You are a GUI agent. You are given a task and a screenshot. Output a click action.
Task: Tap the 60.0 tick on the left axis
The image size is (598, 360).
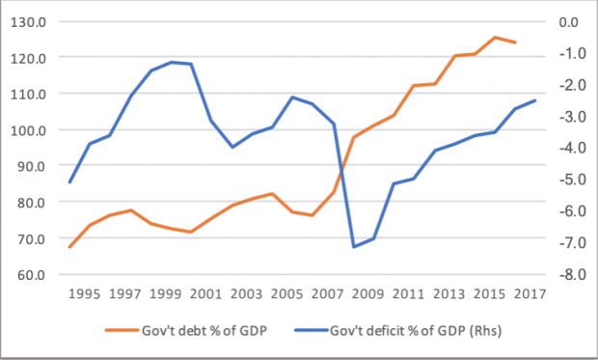tap(31, 274)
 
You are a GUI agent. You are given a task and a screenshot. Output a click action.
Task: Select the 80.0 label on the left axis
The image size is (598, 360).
tap(31, 202)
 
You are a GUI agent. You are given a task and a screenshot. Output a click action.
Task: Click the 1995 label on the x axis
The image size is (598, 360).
tap(86, 293)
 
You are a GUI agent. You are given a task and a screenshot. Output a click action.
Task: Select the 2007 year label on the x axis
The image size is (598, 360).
tap(327, 293)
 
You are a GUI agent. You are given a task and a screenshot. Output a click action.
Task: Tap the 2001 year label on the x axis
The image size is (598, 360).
tap(206, 293)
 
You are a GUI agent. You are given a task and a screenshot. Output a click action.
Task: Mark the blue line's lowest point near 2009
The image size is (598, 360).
tap(354, 247)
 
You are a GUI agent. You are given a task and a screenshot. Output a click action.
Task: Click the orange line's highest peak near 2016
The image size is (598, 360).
tap(496, 38)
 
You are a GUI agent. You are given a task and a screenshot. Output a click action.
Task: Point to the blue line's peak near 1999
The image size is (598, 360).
tap(172, 62)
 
